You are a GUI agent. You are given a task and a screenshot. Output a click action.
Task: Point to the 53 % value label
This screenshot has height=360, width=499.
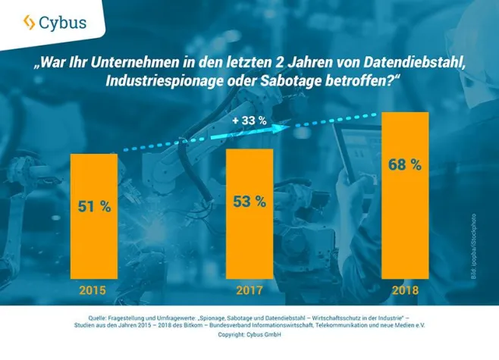click(x=249, y=202)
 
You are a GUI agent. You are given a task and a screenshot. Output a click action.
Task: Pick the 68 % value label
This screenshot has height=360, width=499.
click(x=406, y=164)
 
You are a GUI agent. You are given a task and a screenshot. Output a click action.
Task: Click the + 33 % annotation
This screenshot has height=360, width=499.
click(x=251, y=121)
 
